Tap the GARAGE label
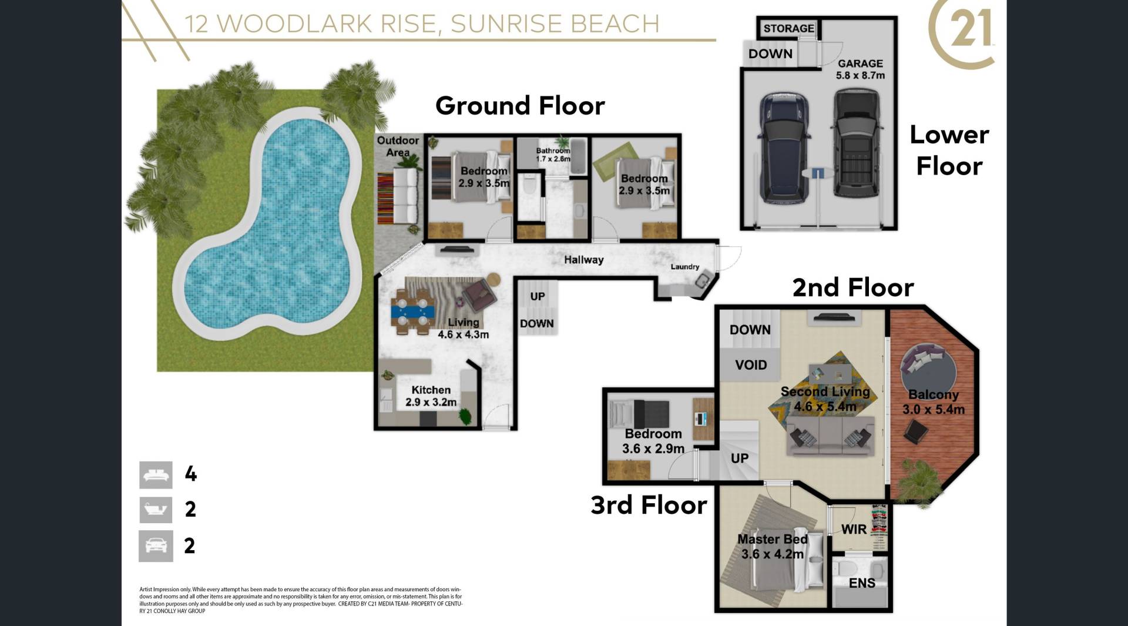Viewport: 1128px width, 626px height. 860,63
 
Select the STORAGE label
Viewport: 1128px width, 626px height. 788,28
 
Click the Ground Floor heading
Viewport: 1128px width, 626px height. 520,106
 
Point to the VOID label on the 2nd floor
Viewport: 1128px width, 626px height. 751,365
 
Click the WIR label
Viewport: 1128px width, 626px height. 854,529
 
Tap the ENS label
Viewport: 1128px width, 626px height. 862,583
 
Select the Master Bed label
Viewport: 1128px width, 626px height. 773,539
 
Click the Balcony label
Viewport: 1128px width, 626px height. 934,395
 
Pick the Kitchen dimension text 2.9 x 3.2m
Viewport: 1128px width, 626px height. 431,403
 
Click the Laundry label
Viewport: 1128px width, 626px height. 685,267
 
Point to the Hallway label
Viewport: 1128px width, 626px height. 583,260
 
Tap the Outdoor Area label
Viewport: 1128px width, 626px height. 398,146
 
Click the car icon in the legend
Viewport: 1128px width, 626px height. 156,546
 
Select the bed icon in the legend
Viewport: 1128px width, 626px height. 156,475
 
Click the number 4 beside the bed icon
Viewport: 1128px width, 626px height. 190,474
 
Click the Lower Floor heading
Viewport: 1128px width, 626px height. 949,150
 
